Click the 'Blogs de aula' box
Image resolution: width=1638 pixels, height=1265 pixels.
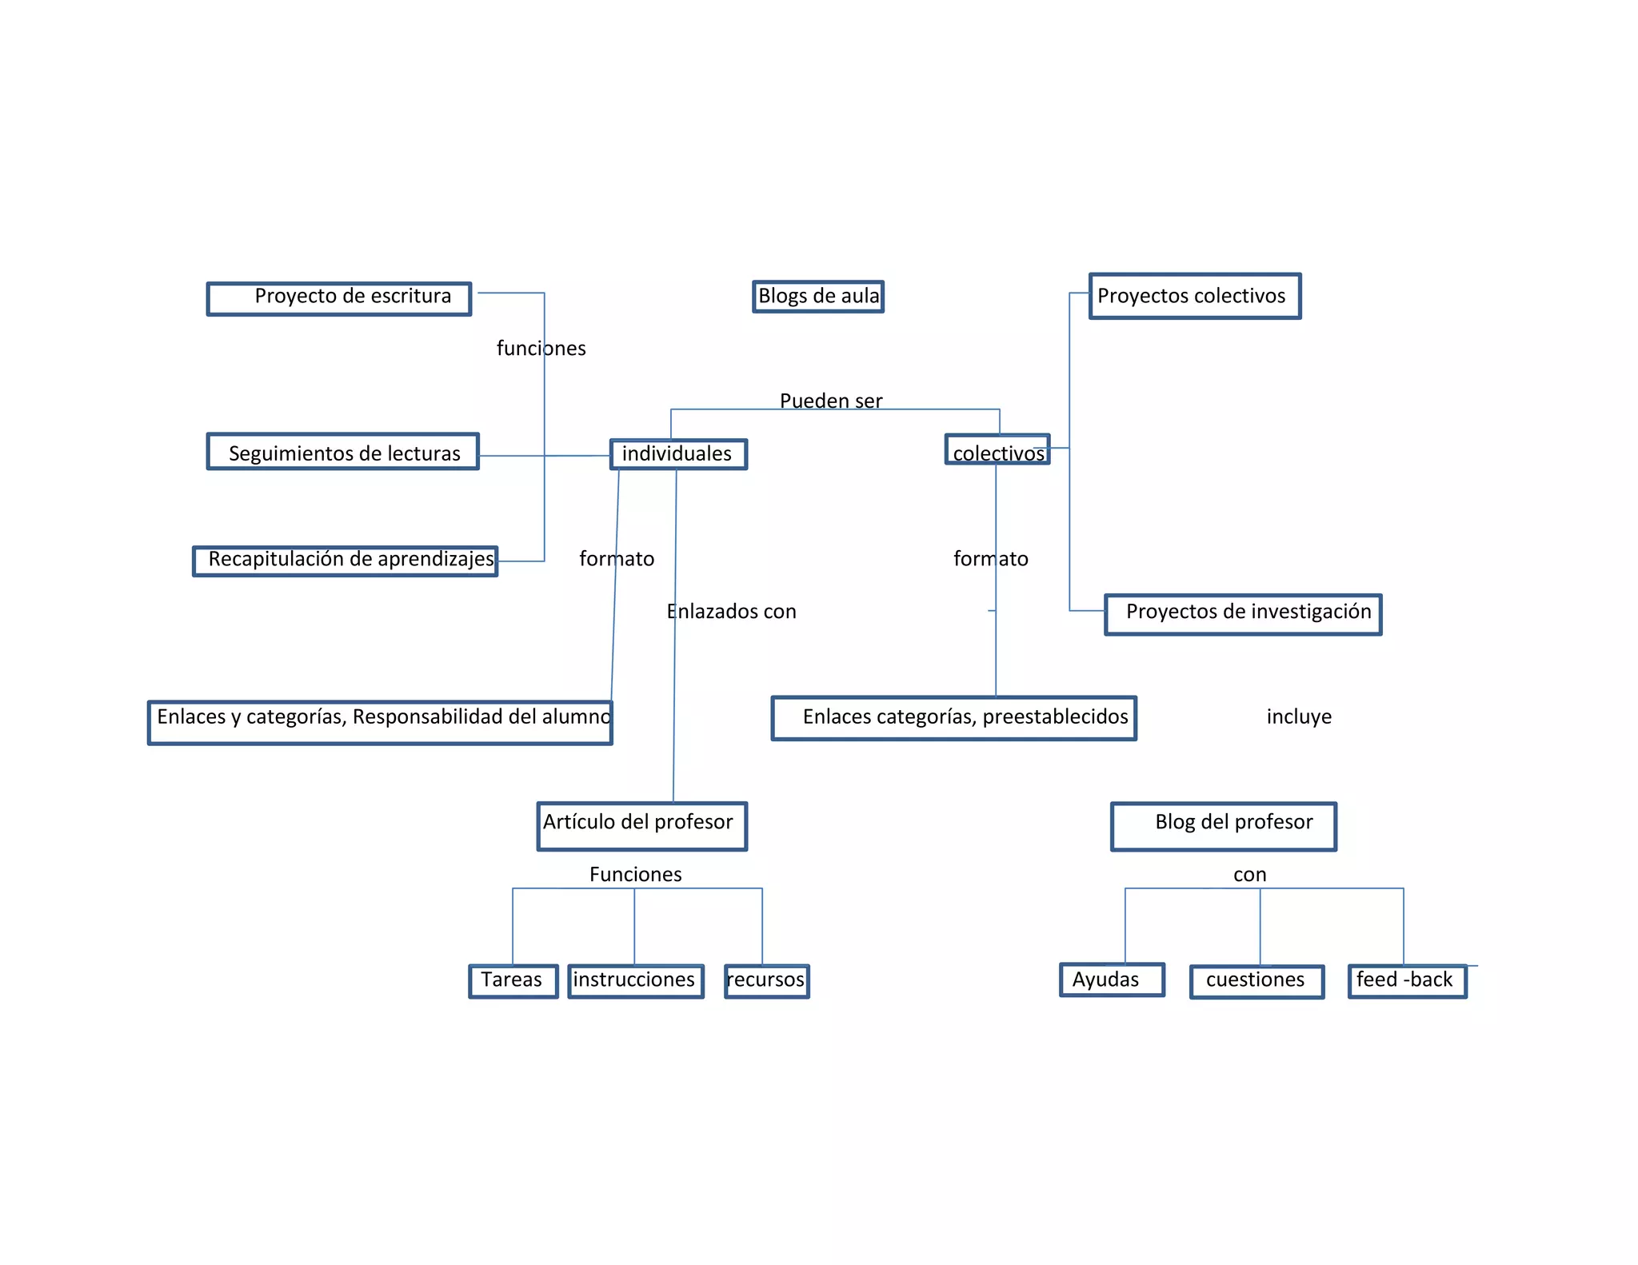pos(818,297)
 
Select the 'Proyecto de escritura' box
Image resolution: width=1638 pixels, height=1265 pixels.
pos(339,298)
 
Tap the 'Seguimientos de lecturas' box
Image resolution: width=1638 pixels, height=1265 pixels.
pos(343,452)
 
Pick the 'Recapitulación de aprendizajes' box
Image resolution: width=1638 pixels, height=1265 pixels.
pos(346,561)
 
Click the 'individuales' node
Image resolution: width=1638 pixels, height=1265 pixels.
pos(678,454)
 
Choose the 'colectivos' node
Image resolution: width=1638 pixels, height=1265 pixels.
pos(997,450)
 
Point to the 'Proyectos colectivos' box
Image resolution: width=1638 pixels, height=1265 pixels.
pos(1195,297)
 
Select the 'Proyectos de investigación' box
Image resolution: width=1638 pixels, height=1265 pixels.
pos(1243,614)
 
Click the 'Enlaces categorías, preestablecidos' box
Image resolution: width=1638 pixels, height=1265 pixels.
pos(953,718)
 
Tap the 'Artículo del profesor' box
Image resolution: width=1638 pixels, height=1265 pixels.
pos(642,826)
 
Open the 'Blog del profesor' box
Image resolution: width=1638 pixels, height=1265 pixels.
pos(1224,826)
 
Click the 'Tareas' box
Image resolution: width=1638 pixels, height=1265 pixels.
pos(513,981)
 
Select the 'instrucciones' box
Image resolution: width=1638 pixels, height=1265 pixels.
pos(636,981)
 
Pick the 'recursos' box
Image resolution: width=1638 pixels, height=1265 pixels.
pos(767,981)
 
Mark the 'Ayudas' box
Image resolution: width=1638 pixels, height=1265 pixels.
pos(1112,980)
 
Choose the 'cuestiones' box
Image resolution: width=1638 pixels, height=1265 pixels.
pos(1256,982)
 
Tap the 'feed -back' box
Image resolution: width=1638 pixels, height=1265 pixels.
pos(1407,981)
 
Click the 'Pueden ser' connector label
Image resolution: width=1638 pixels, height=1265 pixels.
pos(831,401)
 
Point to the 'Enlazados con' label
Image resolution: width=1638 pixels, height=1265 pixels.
pos(732,612)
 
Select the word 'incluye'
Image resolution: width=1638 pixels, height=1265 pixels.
pos(1299,717)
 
